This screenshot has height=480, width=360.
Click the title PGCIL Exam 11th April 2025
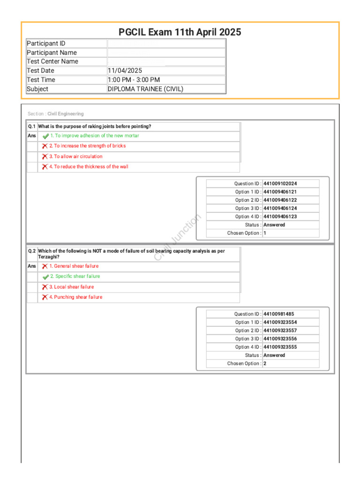tap(180, 32)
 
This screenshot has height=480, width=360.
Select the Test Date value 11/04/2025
tap(125, 71)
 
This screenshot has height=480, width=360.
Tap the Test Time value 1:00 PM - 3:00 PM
tap(134, 80)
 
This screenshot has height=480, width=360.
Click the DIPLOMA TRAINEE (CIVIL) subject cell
tap(145, 89)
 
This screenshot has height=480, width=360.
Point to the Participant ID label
tap(46, 44)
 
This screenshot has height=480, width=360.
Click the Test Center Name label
tap(52, 61)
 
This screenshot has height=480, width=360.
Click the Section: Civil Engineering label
tap(56, 114)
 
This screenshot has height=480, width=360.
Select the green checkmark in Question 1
tap(45, 136)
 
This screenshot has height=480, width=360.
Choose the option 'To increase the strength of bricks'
tap(87, 146)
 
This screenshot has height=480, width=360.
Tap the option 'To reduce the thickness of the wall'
tap(89, 167)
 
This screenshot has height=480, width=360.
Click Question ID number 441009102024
tap(280, 184)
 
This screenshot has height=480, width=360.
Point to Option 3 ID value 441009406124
tap(280, 208)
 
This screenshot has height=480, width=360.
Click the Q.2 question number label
tap(32, 251)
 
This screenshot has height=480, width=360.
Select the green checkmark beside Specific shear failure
tap(45, 277)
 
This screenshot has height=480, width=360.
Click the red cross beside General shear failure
tap(45, 266)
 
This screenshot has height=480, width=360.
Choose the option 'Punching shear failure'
tap(75, 297)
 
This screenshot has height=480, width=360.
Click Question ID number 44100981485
tap(278, 314)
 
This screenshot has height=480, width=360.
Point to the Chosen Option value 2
tap(265, 363)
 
